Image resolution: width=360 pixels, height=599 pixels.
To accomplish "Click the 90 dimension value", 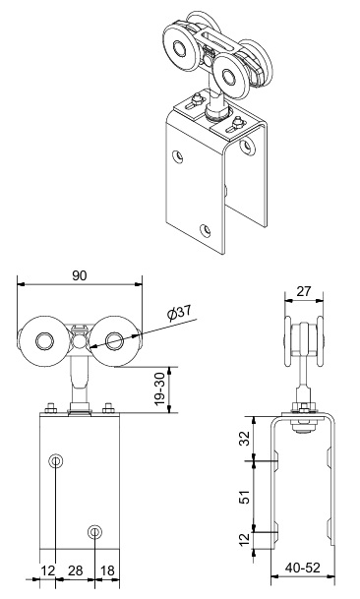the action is point(80,275).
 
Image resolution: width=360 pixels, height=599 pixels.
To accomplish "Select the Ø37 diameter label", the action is point(179,313).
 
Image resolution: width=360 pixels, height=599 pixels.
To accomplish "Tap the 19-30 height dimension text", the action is point(161,389).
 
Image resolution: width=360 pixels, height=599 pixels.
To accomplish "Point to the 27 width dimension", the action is point(304,291).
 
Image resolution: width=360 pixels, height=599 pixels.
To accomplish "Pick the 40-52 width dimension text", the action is point(303,568).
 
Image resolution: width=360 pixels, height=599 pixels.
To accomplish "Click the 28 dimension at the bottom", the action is point(76,570).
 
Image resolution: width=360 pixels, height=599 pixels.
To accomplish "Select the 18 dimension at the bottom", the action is point(107,570).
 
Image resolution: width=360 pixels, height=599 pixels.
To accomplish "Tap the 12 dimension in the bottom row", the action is point(48,570).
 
